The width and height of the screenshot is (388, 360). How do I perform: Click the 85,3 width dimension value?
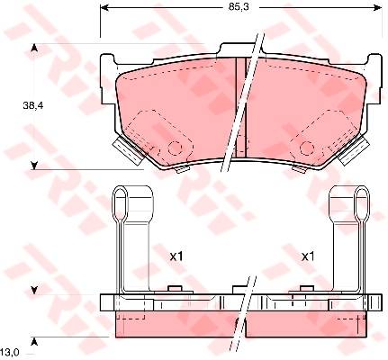239,7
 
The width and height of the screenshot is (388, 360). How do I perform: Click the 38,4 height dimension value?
33,105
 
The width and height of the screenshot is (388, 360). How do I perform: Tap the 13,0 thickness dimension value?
10,352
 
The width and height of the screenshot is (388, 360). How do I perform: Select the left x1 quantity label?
176,256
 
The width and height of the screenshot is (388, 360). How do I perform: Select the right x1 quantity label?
308,256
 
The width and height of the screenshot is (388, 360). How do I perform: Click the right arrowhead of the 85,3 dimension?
378,7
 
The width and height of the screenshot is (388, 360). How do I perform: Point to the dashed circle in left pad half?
175,148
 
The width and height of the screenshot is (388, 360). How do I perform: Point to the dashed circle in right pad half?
307,148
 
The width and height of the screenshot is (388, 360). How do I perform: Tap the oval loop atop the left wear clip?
120,198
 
